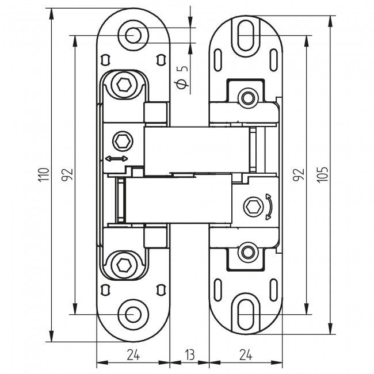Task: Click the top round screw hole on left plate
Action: click(133, 35)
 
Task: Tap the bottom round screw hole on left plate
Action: click(133, 314)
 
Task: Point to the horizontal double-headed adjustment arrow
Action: click(117, 158)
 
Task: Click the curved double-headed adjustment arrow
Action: click(268, 207)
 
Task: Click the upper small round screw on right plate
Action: click(248, 97)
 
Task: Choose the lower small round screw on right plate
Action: click(248, 251)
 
